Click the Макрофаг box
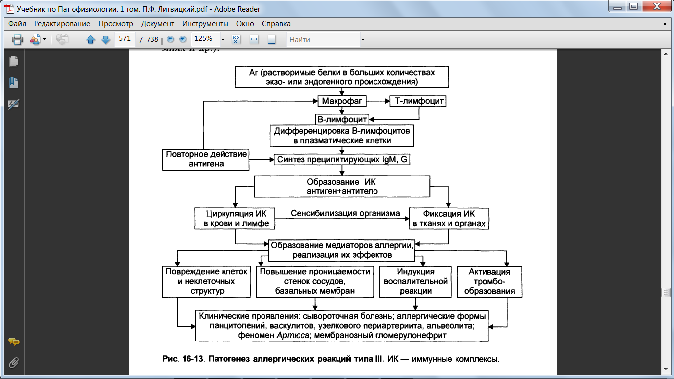[x=342, y=101]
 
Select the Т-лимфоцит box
[x=418, y=101]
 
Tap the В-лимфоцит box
[x=342, y=119]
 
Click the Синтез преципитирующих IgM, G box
[x=342, y=159]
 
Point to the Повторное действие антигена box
[x=206, y=159]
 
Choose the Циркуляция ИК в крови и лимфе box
[x=235, y=219]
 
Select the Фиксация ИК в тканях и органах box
[x=449, y=219]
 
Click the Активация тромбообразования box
[x=489, y=282]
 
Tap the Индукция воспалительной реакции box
[x=415, y=282]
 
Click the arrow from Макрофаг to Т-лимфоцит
[x=378, y=101]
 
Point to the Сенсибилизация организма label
[x=345, y=213]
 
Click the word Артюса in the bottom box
[x=293, y=335]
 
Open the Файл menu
[x=17, y=24]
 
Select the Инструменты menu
[x=205, y=24]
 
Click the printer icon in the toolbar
[x=17, y=39]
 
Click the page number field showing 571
[x=125, y=39]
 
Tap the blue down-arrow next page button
[x=105, y=39]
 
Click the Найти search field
[x=323, y=39]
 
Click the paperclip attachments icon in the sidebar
[x=13, y=363]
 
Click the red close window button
[x=657, y=6]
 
